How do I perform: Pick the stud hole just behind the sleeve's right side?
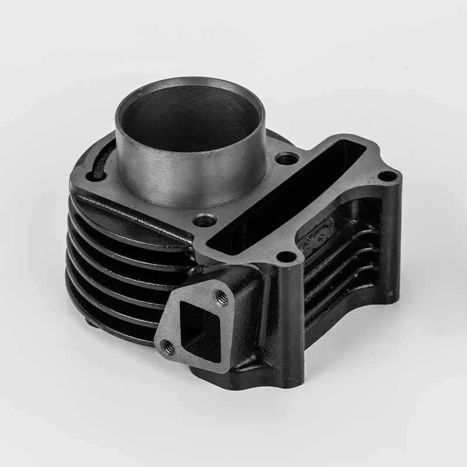tap(286, 158)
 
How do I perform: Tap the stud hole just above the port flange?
tap(285, 256)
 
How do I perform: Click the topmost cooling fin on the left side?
tap(128, 207)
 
